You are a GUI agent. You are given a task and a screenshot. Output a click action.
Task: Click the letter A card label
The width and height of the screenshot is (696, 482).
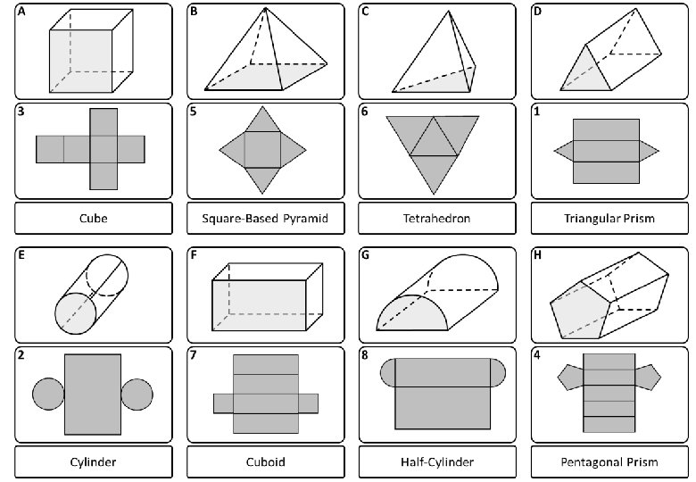[x=21, y=12]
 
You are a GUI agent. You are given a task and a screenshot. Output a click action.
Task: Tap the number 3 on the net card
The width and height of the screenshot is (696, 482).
[x=21, y=112]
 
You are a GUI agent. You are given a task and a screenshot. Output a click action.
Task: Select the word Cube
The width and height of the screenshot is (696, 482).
[x=92, y=217]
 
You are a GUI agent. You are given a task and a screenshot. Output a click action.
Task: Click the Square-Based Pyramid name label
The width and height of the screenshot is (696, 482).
[x=265, y=217]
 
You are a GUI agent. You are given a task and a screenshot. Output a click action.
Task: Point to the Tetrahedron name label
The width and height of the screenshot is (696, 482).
[x=435, y=217]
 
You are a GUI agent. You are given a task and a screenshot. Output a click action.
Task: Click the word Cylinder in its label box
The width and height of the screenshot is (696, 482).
[x=92, y=461]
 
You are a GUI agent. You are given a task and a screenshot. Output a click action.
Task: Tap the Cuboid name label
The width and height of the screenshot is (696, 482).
[x=265, y=461]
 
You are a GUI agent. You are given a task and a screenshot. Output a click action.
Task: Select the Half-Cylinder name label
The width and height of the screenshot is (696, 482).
[x=435, y=461]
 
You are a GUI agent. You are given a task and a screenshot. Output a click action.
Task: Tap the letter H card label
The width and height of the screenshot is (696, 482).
[x=537, y=255]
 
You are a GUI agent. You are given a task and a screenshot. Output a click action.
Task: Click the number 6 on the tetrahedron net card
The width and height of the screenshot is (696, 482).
[x=365, y=112]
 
